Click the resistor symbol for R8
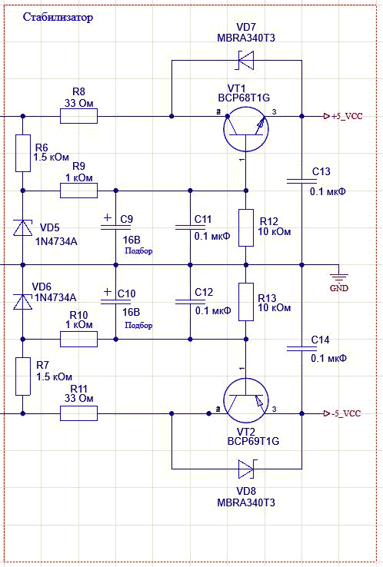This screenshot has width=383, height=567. [78, 116]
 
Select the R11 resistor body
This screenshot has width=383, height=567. [78, 413]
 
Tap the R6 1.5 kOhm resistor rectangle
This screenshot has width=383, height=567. [23, 154]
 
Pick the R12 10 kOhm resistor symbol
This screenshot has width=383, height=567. [246, 228]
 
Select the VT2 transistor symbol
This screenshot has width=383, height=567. [246, 400]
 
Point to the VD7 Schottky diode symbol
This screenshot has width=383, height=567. [246, 60]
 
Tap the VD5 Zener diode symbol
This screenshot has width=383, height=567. [23, 228]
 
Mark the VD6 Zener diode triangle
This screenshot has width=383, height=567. [23, 302]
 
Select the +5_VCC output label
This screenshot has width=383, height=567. [343, 116]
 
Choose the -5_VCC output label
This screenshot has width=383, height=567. [342, 413]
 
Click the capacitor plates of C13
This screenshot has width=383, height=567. [301, 181]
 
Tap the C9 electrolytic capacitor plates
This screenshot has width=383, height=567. [115, 227]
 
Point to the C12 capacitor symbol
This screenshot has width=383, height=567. [190, 302]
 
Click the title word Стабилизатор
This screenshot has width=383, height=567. [58, 17]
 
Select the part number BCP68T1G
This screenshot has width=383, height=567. [244, 98]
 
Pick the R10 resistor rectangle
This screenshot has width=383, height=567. [78, 339]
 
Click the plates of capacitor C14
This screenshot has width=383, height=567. [301, 349]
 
